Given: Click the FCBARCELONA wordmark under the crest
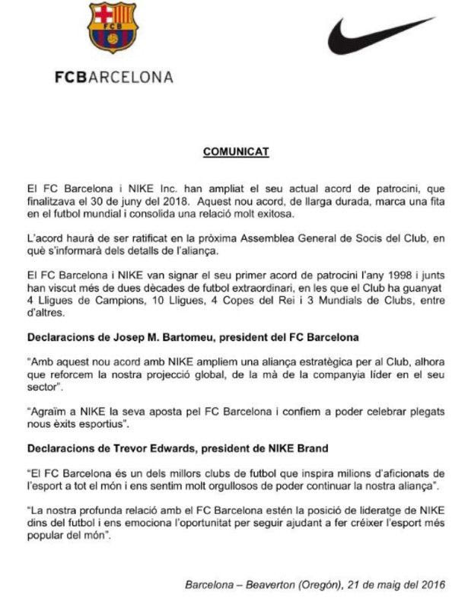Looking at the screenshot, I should click(113, 77).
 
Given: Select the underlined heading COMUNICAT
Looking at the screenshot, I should click(235, 151).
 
